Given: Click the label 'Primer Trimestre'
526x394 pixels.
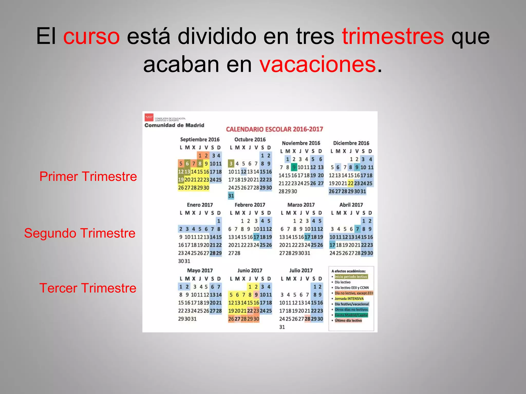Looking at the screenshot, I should coord(88,176).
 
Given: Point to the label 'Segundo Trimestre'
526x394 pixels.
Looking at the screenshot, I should coord(80,233).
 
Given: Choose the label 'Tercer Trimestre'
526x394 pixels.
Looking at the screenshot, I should coord(88,288).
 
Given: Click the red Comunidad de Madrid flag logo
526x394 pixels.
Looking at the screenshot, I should coord(149,117).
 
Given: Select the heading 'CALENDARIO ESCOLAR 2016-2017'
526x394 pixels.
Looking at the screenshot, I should coord(274,129).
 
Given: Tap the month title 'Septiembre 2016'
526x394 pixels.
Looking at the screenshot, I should coord(200,140).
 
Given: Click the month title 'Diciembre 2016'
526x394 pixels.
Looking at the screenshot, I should coord(351,143).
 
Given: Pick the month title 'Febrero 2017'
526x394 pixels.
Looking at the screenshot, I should coord(250,205).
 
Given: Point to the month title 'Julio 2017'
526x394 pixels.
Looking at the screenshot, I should coord(301,271).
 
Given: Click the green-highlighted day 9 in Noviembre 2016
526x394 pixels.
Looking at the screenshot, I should coord(294,167).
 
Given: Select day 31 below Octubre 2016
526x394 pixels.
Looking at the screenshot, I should coord(231,196).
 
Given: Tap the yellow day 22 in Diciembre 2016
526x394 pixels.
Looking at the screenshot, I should coord(350,183).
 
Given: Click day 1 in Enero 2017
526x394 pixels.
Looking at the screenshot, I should coord(219,221).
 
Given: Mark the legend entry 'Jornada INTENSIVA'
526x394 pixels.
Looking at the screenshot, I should coord(349,299).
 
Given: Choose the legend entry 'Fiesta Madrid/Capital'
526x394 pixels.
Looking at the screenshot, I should coord(351,315).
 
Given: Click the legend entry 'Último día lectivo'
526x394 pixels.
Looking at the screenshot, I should coord(348,321).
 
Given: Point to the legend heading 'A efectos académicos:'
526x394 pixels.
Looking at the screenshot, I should coord(348,271).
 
